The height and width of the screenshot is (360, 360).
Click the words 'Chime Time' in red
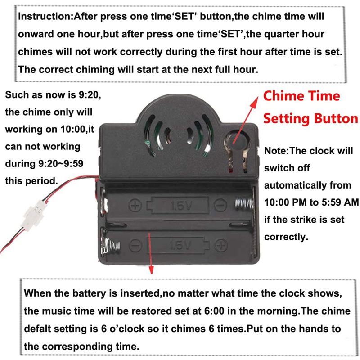click(301, 96)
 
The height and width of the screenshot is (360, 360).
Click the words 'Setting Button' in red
click(310, 119)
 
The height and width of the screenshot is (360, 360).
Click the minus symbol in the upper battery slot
click(220, 206)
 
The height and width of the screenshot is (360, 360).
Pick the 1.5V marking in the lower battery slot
click(179, 246)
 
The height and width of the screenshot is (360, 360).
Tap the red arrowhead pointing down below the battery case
click(151, 269)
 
